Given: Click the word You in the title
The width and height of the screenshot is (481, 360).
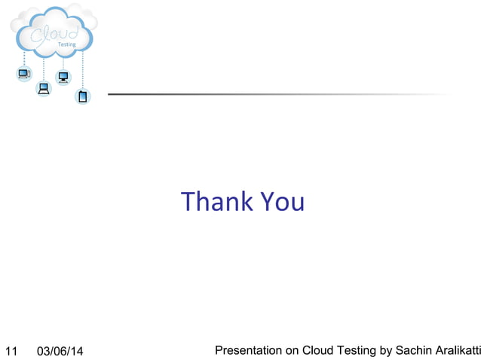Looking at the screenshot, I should [x=282, y=202].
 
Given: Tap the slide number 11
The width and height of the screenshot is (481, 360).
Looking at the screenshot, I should [x=11, y=351].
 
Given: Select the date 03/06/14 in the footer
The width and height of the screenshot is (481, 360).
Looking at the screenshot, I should [x=61, y=351].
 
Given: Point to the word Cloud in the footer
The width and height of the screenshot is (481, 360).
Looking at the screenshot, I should [x=317, y=350].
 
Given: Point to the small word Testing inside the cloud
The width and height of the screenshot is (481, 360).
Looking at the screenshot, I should [x=67, y=45].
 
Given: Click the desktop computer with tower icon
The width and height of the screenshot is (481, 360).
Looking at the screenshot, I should [x=24, y=74].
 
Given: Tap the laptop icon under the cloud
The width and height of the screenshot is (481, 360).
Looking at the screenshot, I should [x=44, y=89].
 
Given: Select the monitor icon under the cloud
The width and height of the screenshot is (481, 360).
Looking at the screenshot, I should [x=63, y=78].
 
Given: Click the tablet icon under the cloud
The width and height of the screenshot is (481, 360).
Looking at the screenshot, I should [x=83, y=96].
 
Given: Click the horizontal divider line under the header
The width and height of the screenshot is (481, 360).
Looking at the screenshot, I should [x=279, y=94].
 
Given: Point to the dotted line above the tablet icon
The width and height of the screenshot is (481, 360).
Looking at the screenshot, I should [x=83, y=72].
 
